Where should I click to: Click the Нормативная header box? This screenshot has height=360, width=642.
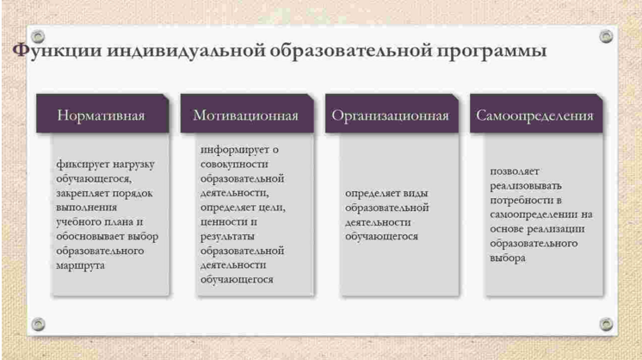101,115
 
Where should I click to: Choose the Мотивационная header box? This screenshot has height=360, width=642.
246,115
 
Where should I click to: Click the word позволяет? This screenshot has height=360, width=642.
514,171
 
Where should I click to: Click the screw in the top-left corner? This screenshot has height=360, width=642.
37,35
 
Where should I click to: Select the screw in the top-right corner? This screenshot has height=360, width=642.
605,35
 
